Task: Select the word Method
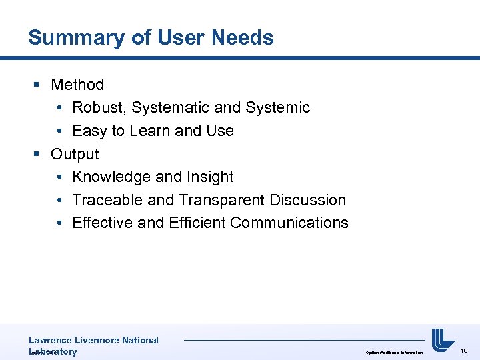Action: tap(77, 85)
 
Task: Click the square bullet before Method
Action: tap(37, 85)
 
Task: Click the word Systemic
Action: tap(277, 107)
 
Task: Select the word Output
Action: tap(75, 154)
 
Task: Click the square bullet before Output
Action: tap(37, 154)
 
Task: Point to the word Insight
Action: tap(211, 177)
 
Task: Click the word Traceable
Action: tap(103, 200)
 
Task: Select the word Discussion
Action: tap(308, 200)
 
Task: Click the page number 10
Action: tap(465, 351)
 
